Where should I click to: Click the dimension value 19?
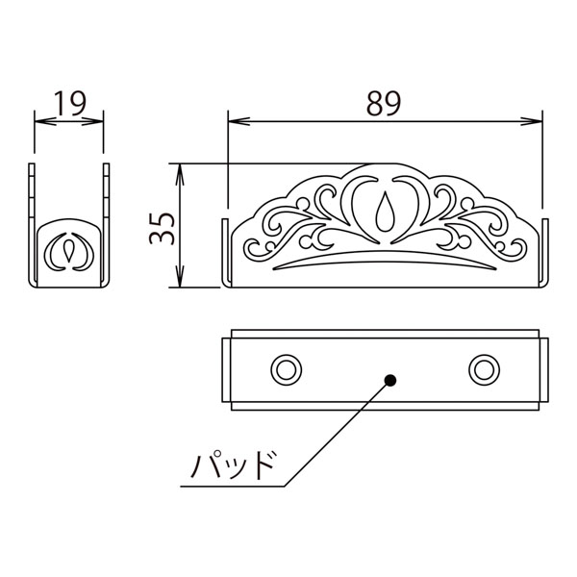70,103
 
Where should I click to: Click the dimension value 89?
384,103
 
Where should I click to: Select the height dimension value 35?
162,228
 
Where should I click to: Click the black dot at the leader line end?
390,380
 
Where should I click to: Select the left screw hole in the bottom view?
287,370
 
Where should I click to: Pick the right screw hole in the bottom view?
485,370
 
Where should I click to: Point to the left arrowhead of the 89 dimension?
239,121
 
